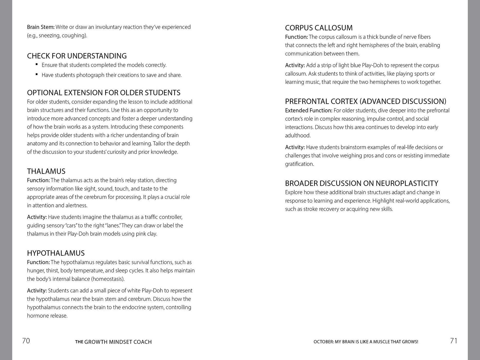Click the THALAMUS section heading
pos(46,171)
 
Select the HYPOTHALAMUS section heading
pos(56,253)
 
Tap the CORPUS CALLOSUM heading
pos(319,28)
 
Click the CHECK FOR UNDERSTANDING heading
pos(77,56)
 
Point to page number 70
pos(26,341)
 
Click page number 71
pos(453,341)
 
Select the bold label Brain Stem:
pos(41,27)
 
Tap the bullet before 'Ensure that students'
pos(37,64)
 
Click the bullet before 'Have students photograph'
pos(37,74)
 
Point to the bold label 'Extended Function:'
pos(309,111)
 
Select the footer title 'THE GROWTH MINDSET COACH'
pos(113,342)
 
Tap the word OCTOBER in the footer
pos(323,342)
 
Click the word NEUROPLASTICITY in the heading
pos(407,183)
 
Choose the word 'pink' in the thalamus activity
pos(141,234)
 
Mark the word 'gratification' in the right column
pos(299,164)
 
